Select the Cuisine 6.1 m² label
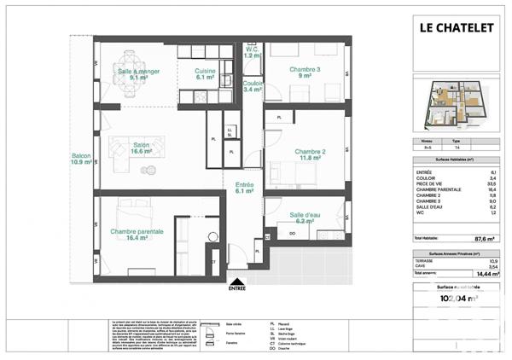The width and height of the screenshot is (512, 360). tap(204, 73)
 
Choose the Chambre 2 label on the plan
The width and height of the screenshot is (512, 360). tap(311, 155)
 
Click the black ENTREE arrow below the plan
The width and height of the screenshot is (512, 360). tap(236, 281)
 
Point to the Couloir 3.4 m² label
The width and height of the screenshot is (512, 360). tap(252, 85)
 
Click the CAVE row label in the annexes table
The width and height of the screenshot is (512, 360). tap(421, 267)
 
